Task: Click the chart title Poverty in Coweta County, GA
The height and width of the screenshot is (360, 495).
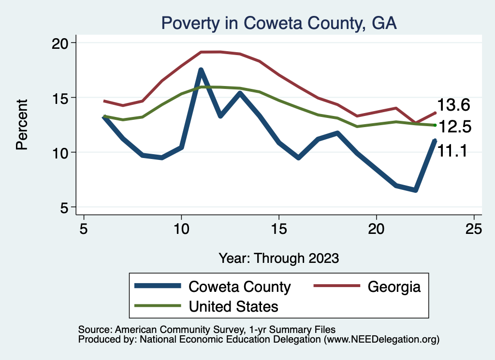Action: point(279,23)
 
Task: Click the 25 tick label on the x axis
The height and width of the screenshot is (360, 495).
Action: point(474,229)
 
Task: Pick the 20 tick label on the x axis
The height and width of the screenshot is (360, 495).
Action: point(376,229)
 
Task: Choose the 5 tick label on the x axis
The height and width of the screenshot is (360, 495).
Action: point(84,229)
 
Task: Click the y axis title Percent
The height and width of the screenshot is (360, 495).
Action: point(22,124)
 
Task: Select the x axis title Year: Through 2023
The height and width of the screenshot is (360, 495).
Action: point(278,258)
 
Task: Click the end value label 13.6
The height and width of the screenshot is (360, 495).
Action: point(453,105)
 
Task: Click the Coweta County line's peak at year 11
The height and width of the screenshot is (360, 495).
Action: point(201,70)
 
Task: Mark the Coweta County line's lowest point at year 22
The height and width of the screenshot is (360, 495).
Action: point(415,190)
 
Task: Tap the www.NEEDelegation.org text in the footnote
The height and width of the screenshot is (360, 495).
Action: point(381,339)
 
